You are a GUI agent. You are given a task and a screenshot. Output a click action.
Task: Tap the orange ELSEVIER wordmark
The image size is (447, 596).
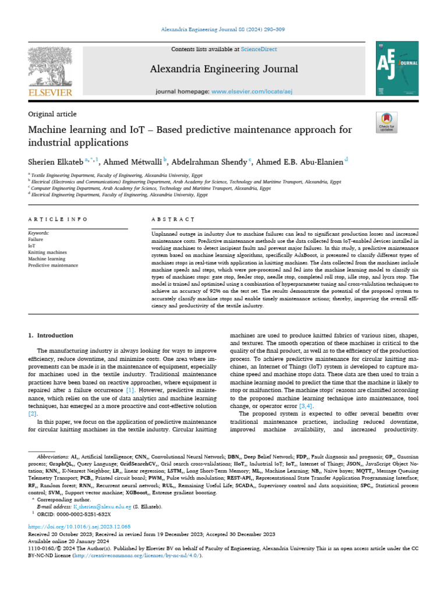tap(50, 92)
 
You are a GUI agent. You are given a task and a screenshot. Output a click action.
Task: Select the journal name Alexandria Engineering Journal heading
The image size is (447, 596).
tap(223, 69)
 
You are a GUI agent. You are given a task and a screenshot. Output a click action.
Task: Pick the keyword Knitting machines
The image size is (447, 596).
tap(47, 253)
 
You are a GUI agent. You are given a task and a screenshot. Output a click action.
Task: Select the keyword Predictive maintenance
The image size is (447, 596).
tap(52, 265)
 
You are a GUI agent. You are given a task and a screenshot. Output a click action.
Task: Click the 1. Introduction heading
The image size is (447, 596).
tap(51, 335)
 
